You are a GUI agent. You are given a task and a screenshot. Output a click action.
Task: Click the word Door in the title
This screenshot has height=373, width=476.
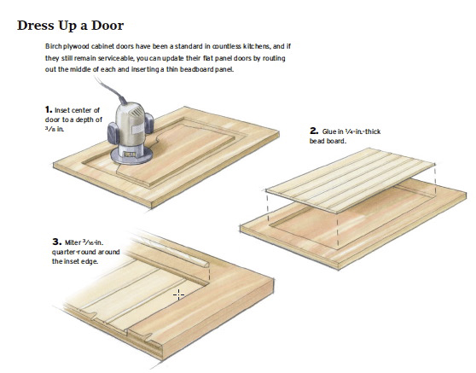point(107,26)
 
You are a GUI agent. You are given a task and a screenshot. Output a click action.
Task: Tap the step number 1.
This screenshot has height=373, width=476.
point(49,109)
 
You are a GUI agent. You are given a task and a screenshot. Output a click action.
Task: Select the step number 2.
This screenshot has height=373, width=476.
point(314,131)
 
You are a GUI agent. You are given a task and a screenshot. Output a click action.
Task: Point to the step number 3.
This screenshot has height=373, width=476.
point(57,242)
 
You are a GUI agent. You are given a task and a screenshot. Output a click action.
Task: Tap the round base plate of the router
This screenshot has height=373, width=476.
point(131,156)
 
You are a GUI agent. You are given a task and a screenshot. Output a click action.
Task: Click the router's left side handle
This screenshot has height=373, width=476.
point(113,133)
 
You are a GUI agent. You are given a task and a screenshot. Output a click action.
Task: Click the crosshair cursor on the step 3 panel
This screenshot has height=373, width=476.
point(178,294)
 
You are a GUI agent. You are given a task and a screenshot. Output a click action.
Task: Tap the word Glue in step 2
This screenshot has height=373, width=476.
point(329,131)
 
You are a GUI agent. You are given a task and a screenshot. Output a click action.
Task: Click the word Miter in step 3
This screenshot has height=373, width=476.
point(73,242)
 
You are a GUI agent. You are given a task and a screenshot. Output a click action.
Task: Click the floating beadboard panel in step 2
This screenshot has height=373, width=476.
point(351,180)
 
